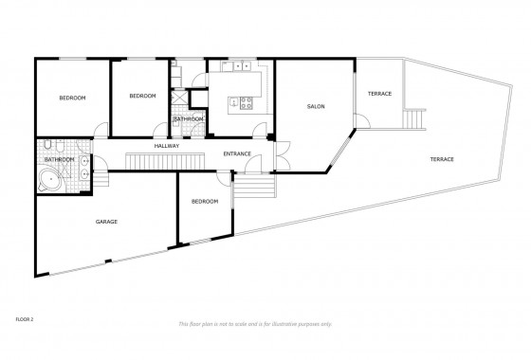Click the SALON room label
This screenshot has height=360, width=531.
tap(316, 107)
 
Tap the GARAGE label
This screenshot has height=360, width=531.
tap(106, 222)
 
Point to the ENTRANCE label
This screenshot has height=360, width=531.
tap(237, 153)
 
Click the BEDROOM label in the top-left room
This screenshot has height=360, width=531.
tap(72, 98)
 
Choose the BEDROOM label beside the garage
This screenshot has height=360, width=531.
tap(205, 201)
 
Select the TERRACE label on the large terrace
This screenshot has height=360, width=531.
tap(440, 158)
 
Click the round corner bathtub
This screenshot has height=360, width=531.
tap(49, 181)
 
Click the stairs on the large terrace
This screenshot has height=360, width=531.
tap(412, 118)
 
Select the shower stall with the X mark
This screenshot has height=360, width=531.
tap(176, 96)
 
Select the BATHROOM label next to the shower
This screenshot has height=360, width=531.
tap(187, 118)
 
